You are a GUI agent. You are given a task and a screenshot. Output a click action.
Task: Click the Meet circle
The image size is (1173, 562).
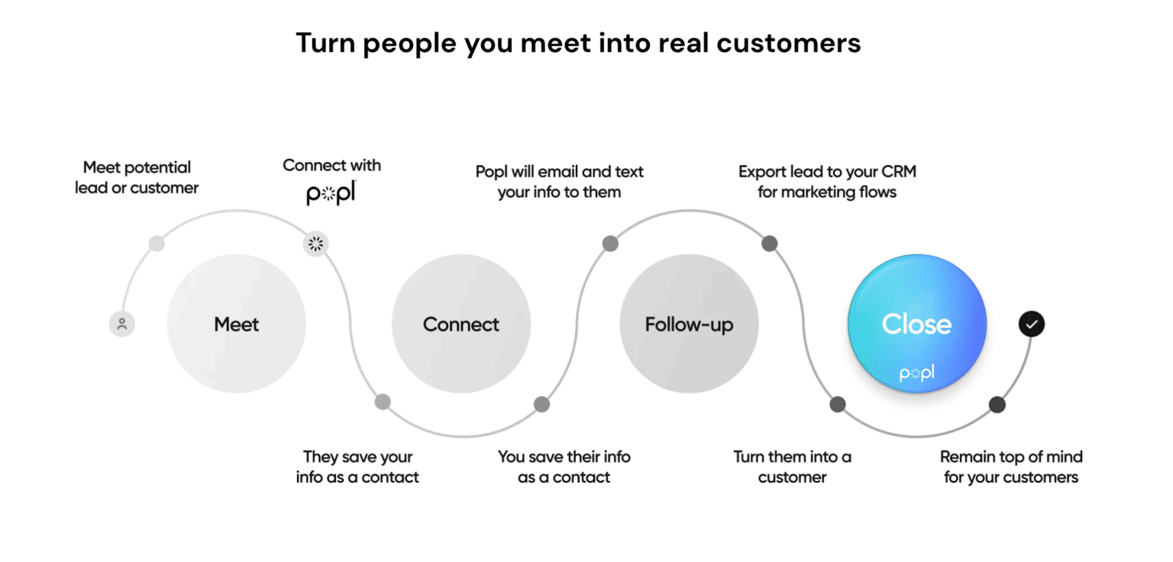click(x=236, y=324)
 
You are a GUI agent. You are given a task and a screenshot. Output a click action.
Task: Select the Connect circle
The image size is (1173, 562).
click(x=460, y=324)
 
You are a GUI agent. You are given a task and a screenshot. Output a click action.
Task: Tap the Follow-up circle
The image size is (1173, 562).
click(x=688, y=324)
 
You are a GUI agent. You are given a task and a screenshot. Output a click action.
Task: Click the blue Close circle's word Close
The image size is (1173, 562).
click(x=916, y=324)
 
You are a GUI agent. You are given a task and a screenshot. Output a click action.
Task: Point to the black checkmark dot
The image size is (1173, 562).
click(x=1031, y=324)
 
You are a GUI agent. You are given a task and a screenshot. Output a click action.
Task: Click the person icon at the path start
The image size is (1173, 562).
click(x=121, y=324)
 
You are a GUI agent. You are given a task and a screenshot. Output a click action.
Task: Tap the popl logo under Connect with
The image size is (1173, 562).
click(x=331, y=194)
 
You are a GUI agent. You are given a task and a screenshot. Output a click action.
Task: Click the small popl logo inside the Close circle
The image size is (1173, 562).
click(x=916, y=373)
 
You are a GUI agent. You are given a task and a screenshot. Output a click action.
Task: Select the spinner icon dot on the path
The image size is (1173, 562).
click(x=315, y=244)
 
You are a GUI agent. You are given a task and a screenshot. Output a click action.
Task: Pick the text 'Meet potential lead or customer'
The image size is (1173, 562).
click(x=137, y=177)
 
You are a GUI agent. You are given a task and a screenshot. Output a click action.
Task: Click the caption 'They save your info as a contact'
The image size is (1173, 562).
click(x=357, y=467)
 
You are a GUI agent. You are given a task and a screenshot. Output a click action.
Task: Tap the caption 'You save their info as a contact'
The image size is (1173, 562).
click(x=564, y=467)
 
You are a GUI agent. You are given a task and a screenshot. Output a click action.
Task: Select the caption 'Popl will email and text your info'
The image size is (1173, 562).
click(x=559, y=181)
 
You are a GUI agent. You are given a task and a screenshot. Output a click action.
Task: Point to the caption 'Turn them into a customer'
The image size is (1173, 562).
click(x=792, y=467)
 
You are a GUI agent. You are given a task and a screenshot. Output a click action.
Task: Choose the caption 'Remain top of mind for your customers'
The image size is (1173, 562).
click(x=1011, y=467)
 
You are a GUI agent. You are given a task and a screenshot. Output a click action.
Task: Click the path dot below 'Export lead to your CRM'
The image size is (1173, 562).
click(x=770, y=244)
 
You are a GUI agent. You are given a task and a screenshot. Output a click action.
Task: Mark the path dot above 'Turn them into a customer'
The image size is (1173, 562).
click(x=838, y=404)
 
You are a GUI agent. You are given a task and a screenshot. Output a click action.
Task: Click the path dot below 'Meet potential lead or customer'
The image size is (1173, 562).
click(x=157, y=244)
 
